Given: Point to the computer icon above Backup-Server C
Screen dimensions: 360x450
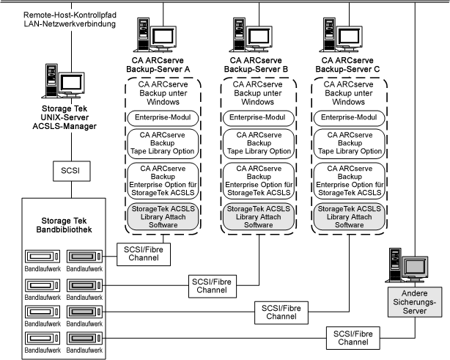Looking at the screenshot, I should [x=341, y=31].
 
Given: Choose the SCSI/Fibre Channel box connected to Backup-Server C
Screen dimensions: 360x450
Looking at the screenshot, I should [x=281, y=313].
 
